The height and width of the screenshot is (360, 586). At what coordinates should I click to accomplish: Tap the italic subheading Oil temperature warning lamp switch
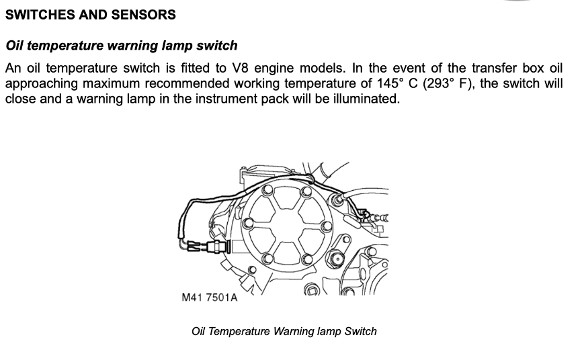(122, 46)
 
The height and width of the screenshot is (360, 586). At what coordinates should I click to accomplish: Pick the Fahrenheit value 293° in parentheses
(441, 83)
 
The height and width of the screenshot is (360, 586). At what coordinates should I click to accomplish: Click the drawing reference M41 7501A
(210, 297)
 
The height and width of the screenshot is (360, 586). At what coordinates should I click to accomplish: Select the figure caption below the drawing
(284, 331)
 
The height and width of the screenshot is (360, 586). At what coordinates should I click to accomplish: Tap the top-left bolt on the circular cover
(267, 192)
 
